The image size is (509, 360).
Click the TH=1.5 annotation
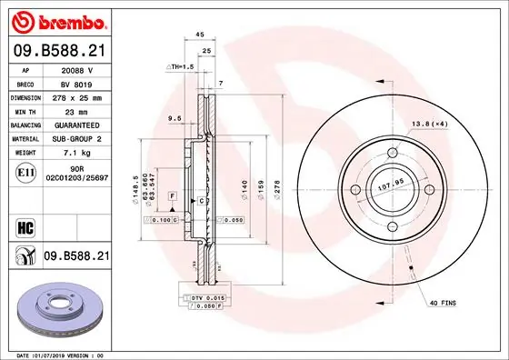pyautogui.click(x=182, y=67)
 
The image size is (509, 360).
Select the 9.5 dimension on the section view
pyautogui.click(x=175, y=117)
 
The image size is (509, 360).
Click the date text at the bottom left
pyautogui.click(x=56, y=353)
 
